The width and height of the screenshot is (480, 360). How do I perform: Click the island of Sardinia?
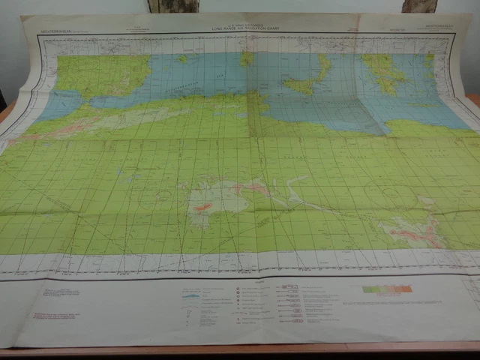tap(247, 58)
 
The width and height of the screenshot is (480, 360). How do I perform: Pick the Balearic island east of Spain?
tap(182, 58)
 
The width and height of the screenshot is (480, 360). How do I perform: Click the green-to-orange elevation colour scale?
tap(387, 289)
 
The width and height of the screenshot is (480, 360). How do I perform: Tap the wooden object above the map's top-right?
tap(419, 6)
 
